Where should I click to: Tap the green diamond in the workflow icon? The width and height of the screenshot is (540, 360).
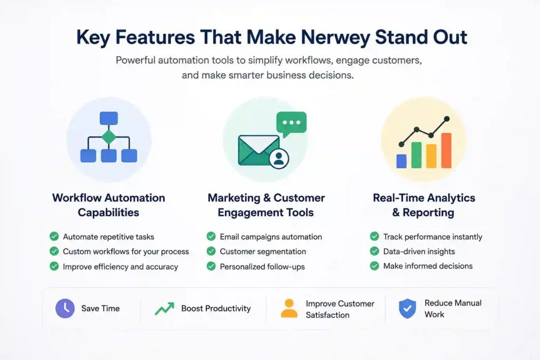109,137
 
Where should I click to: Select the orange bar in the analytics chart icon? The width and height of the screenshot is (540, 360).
446,150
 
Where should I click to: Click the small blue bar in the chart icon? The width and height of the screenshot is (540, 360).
401,161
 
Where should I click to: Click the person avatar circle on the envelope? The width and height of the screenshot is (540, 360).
279,158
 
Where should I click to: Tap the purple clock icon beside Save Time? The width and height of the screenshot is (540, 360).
65,308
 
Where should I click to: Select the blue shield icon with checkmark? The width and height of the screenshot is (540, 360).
408,308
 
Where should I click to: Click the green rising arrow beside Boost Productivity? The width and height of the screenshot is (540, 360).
165,309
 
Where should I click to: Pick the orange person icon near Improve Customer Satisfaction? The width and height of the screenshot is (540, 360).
290,308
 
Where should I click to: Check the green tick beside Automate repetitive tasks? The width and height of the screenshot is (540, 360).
54,237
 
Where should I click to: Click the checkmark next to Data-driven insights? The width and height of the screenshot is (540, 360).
374,251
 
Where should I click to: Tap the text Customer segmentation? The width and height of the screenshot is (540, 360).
263,251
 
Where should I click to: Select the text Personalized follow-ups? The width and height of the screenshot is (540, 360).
262,267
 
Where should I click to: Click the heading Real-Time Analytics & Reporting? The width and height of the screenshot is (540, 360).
424,205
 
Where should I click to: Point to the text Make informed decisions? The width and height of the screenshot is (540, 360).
428,266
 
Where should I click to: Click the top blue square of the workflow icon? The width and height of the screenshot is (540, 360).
109,118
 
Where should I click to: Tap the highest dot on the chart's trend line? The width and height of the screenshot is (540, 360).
447,119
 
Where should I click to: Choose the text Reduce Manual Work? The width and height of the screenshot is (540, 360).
453,309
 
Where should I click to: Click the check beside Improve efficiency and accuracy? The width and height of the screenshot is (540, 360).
54,266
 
